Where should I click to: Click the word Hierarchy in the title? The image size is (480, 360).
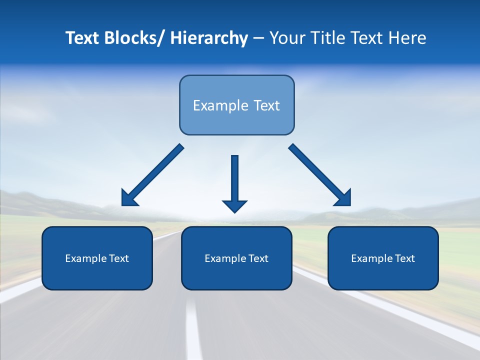coord(209,38)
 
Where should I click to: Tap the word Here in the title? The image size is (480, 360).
coord(407,38)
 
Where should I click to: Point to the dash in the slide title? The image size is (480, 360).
coord(258,38)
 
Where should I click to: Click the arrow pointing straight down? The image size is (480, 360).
coord(234,180)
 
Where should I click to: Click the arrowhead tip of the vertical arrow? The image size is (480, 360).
coord(234,211)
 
